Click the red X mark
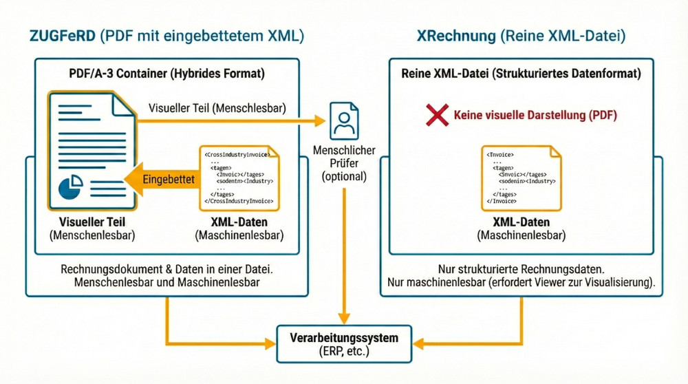point(438,115)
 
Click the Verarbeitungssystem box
point(344,343)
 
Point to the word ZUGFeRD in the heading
point(63,36)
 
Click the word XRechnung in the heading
point(455,36)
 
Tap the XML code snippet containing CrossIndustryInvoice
point(239,178)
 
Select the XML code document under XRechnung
point(521,178)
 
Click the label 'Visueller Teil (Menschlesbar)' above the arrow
point(217,108)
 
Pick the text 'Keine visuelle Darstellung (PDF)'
point(535,116)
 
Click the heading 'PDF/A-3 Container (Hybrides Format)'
point(166,74)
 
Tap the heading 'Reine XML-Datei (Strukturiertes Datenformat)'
point(522,74)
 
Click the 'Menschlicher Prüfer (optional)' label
point(344,163)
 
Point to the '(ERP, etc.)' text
point(344,351)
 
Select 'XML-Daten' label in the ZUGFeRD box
point(239,222)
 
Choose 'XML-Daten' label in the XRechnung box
point(521,222)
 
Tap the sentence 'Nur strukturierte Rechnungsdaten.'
point(521,269)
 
